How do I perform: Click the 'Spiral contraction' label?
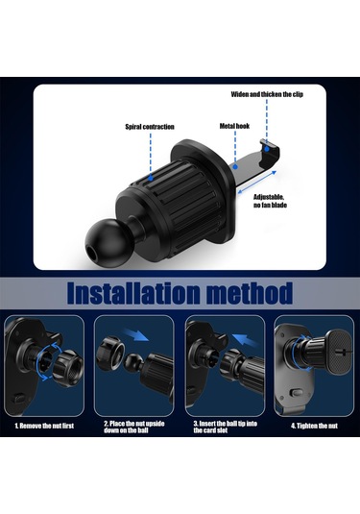point(150,127)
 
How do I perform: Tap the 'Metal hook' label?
point(234,126)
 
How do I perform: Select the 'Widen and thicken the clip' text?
point(267,94)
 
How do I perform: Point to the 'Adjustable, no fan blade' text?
point(270,201)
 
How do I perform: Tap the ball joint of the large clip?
point(102,240)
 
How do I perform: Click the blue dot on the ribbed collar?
point(151,179)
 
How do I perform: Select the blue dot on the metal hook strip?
point(235,167)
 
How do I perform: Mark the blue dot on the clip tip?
point(267,149)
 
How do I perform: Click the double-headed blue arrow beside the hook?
point(257,183)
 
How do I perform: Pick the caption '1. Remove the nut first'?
point(44,426)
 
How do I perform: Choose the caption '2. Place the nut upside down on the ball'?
point(134,427)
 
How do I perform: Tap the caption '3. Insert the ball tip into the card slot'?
point(225,427)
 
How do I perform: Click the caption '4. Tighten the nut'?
point(314,426)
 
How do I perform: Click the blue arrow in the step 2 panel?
point(136,335)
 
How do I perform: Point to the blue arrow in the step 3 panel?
point(245,341)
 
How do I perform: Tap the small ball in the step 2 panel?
point(133,361)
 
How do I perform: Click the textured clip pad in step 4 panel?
point(339,352)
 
